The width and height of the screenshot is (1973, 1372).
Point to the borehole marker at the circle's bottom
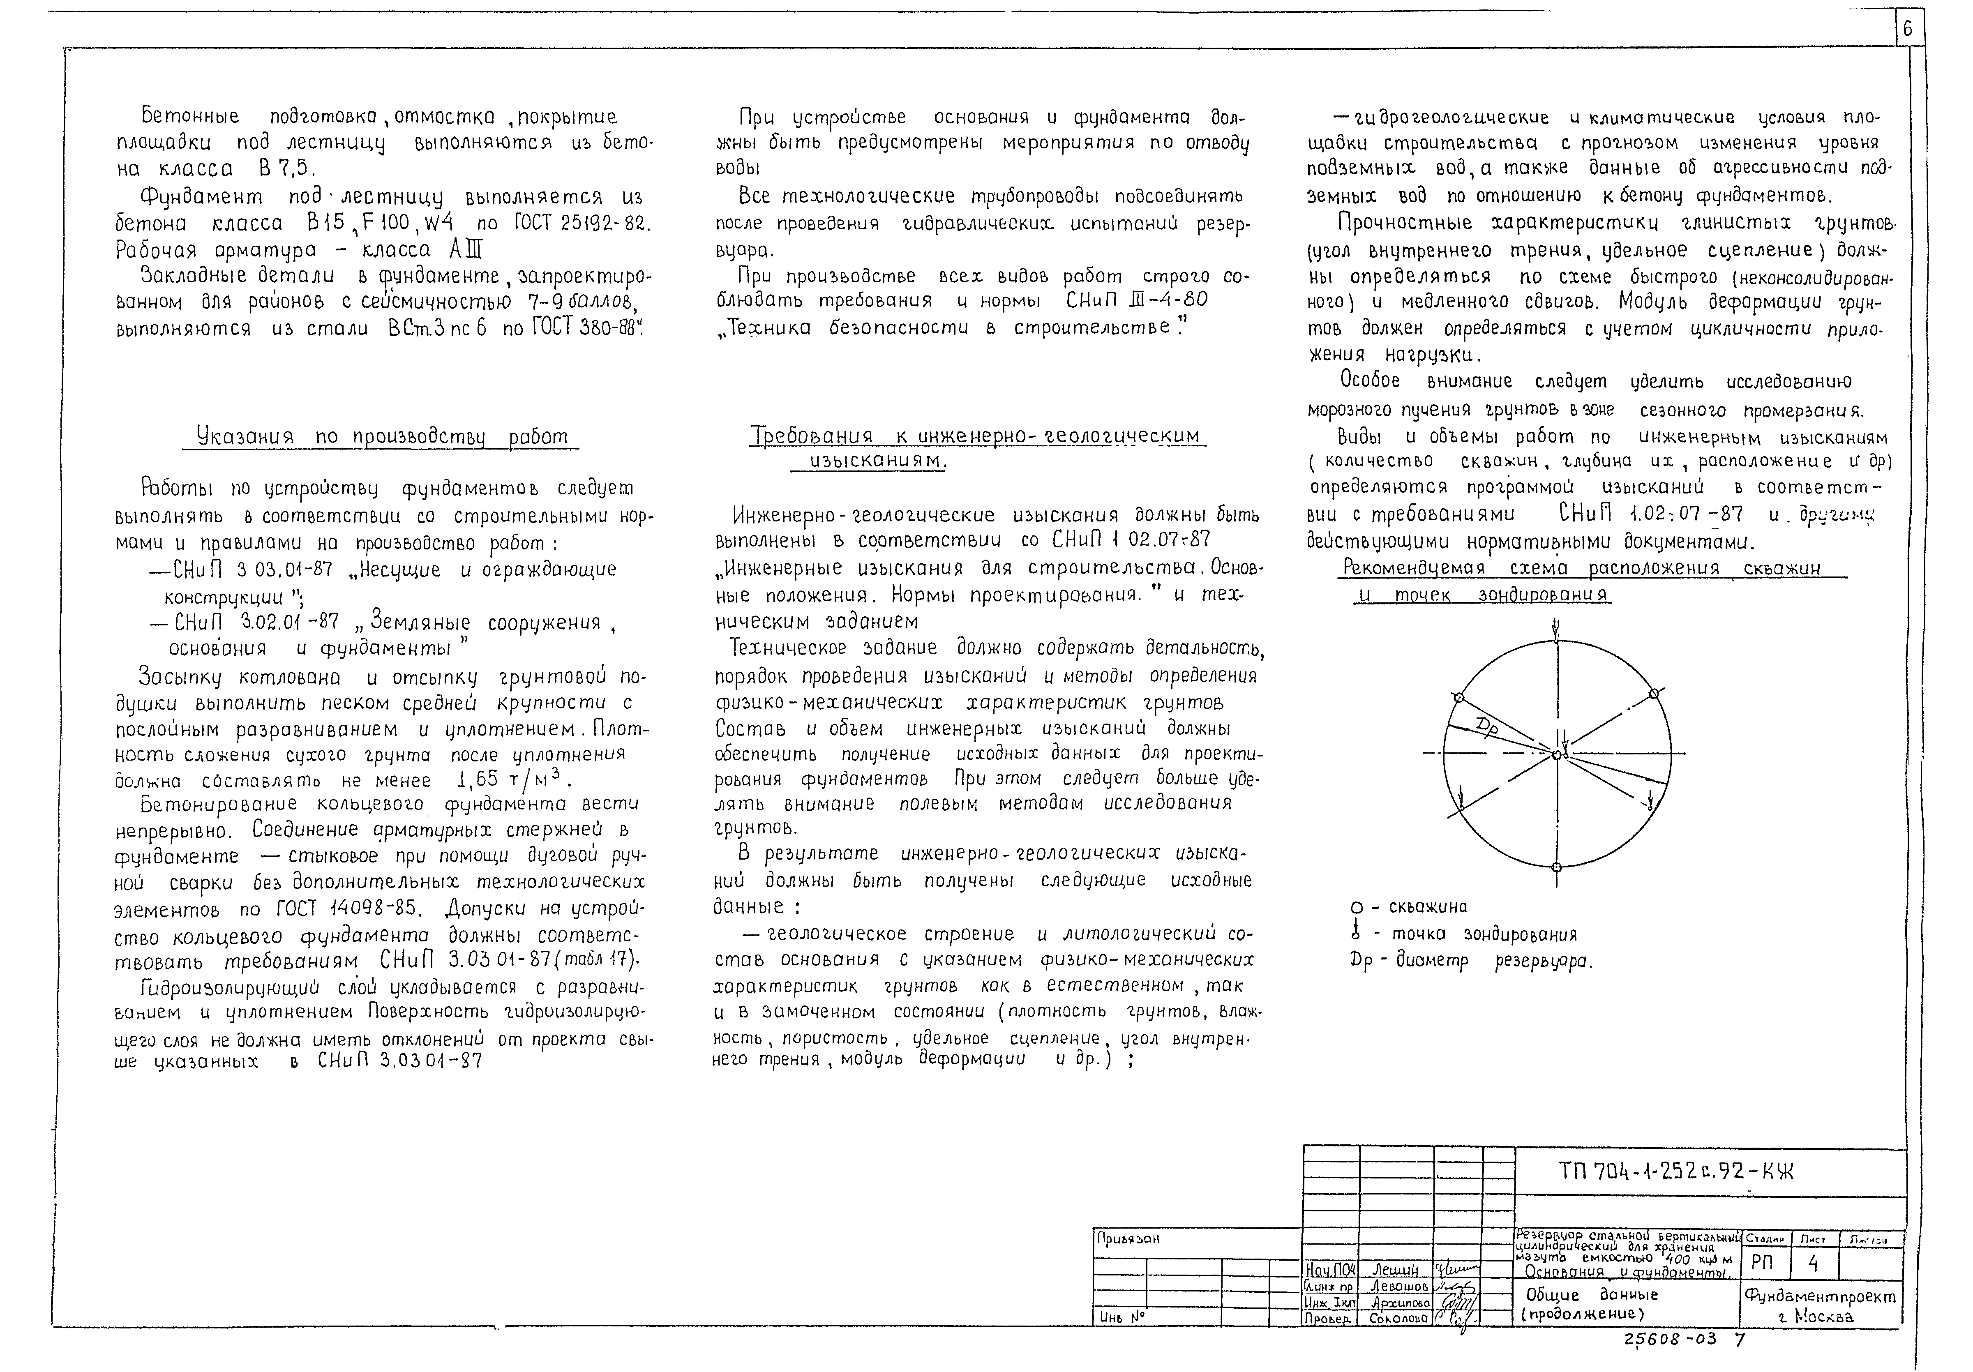click(x=1556, y=868)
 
